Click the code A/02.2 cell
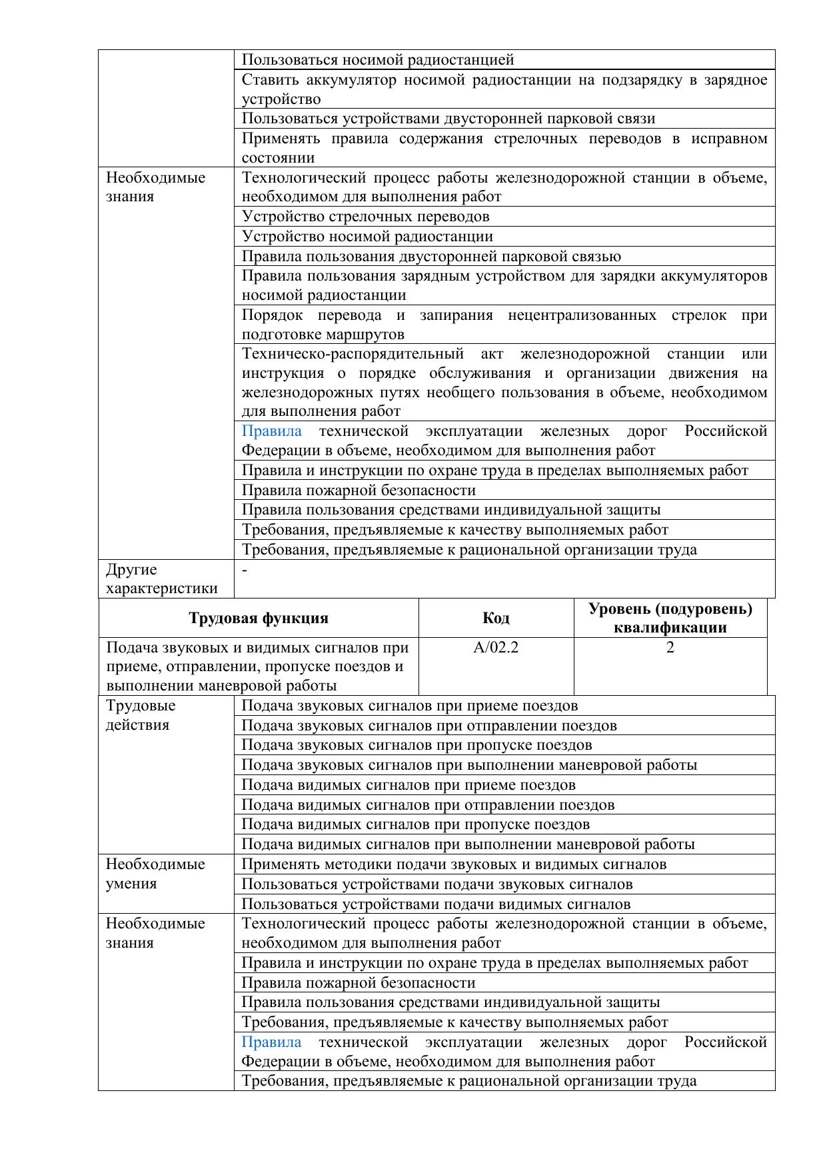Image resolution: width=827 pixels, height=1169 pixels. click(495, 647)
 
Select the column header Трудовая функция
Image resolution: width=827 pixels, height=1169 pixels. click(259, 618)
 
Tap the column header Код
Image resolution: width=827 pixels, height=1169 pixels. click(496, 618)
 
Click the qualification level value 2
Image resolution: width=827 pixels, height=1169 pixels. click(670, 647)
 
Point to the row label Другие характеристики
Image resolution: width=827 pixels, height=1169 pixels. click(162, 579)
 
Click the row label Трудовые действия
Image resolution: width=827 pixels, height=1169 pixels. click(141, 715)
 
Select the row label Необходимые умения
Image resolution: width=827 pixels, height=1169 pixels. click(155, 874)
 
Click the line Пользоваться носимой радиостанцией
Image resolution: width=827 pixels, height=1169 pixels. click(378, 60)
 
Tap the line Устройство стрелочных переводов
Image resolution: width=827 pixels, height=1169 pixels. click(365, 217)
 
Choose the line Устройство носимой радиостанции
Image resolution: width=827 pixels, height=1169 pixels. click(367, 237)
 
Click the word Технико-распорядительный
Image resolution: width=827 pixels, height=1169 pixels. click(353, 353)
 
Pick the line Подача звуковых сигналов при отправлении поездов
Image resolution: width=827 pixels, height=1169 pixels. click(428, 725)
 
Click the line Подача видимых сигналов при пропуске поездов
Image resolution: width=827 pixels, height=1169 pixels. click(415, 824)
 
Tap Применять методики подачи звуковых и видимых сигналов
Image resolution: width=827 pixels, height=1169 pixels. click(453, 864)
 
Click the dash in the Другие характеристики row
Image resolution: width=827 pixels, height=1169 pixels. click(245, 570)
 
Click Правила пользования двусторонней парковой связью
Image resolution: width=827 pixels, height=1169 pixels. click(430, 257)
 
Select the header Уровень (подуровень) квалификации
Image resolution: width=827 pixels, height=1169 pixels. click(670, 618)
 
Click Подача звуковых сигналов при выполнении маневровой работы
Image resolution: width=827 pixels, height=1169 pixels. click(468, 765)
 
